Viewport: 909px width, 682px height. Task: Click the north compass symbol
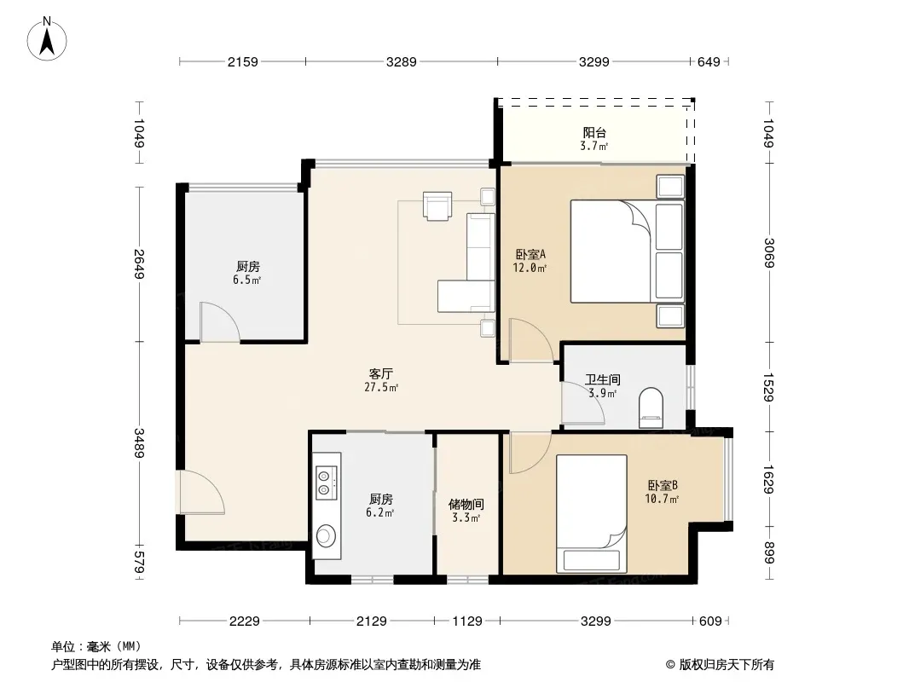(x=47, y=39)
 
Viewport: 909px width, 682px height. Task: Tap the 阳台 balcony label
(x=594, y=133)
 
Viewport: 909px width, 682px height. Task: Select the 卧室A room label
(x=530, y=254)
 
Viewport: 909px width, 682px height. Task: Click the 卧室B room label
(x=663, y=486)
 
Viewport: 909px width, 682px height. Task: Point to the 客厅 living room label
(x=381, y=373)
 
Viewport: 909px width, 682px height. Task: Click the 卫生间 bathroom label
(x=602, y=379)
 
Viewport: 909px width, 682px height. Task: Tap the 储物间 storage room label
(x=466, y=505)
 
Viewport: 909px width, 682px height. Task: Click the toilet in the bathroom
(x=651, y=408)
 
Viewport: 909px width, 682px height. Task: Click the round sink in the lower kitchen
(x=326, y=535)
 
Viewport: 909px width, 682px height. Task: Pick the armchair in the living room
(x=437, y=206)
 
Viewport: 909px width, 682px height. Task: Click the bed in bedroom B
(x=591, y=513)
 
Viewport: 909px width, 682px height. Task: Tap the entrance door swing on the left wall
(x=202, y=492)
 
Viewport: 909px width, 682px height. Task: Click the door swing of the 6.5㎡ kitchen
(x=220, y=321)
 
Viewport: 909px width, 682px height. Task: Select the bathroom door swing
(x=583, y=402)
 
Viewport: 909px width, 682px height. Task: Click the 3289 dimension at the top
(x=401, y=61)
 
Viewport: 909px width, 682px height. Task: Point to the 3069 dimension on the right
(x=768, y=252)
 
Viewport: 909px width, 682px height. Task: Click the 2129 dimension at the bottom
(x=371, y=621)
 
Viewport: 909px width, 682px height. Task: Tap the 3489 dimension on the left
(x=139, y=442)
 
